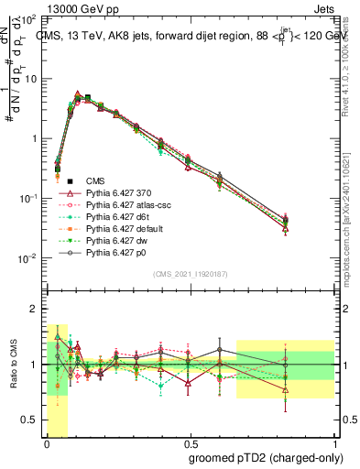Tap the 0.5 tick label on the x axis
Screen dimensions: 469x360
(190, 443)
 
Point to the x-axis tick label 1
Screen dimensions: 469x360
(333, 443)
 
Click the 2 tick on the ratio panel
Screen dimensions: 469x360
(34, 309)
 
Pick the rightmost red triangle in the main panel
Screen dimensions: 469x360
(286, 229)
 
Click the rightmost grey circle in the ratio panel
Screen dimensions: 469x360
(286, 365)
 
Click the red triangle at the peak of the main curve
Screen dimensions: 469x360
(79, 94)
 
